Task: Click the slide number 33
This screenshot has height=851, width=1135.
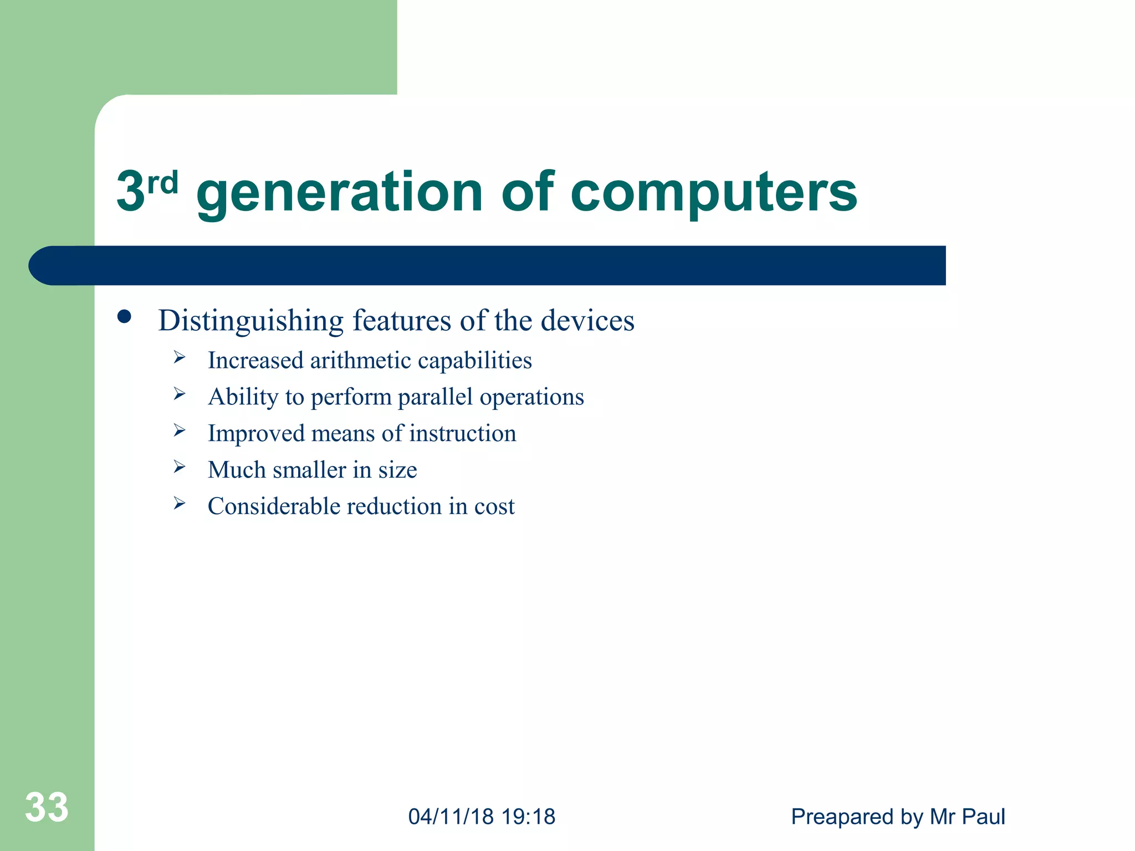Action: (x=47, y=807)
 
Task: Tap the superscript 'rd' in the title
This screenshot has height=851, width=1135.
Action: (x=163, y=183)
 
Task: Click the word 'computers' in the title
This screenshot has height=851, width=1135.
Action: (x=714, y=192)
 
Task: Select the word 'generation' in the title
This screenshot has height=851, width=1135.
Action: (x=340, y=192)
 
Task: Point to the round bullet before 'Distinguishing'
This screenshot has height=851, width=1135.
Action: (x=124, y=317)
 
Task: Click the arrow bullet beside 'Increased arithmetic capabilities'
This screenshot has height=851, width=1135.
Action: (x=179, y=357)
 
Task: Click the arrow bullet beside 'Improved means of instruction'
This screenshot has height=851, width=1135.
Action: (x=179, y=430)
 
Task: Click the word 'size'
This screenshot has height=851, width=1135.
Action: (x=397, y=470)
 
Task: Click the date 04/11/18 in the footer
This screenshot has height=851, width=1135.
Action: (x=451, y=817)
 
